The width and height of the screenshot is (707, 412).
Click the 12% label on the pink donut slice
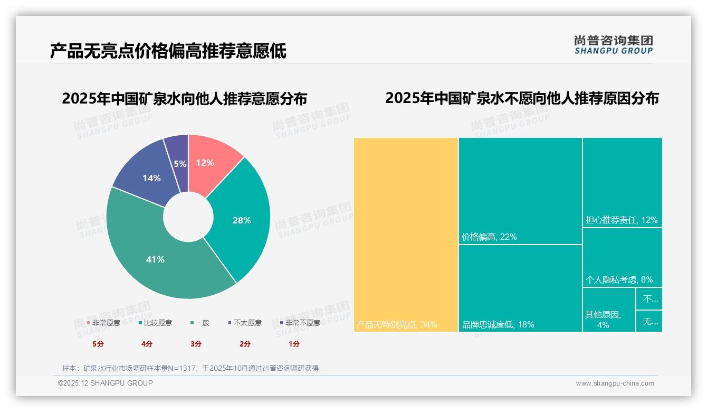click(x=205, y=163)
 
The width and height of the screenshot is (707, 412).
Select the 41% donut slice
click(x=155, y=259)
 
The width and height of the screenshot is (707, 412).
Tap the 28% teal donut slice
click(x=242, y=220)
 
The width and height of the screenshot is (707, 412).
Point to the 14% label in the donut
click(x=151, y=178)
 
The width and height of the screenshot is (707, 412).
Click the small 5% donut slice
click(x=180, y=164)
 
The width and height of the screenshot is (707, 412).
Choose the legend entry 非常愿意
click(x=104, y=323)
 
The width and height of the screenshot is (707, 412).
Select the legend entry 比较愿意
click(x=156, y=323)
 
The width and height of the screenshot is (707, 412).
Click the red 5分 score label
click(x=98, y=344)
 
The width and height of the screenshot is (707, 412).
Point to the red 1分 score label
click(x=294, y=344)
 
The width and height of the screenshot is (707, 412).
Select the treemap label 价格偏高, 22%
click(x=489, y=237)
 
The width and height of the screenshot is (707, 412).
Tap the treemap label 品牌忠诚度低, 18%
click(x=498, y=324)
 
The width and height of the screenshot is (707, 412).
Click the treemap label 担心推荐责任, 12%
click(x=622, y=220)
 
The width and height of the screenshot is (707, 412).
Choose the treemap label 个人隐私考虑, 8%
click(x=619, y=279)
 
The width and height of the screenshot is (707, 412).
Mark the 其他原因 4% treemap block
click(x=608, y=310)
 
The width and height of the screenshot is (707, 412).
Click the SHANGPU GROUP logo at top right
click(x=614, y=45)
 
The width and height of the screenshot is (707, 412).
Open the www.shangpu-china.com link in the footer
click(x=615, y=383)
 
